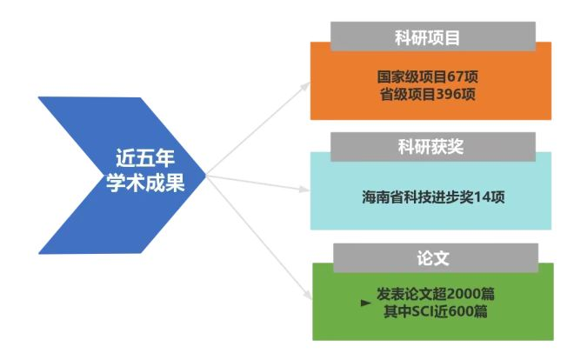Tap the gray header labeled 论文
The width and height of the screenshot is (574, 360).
(431, 258)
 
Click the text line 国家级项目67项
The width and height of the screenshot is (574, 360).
(431, 77)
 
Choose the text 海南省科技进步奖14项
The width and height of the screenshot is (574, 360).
(431, 197)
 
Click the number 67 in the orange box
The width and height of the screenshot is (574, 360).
(458, 77)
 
